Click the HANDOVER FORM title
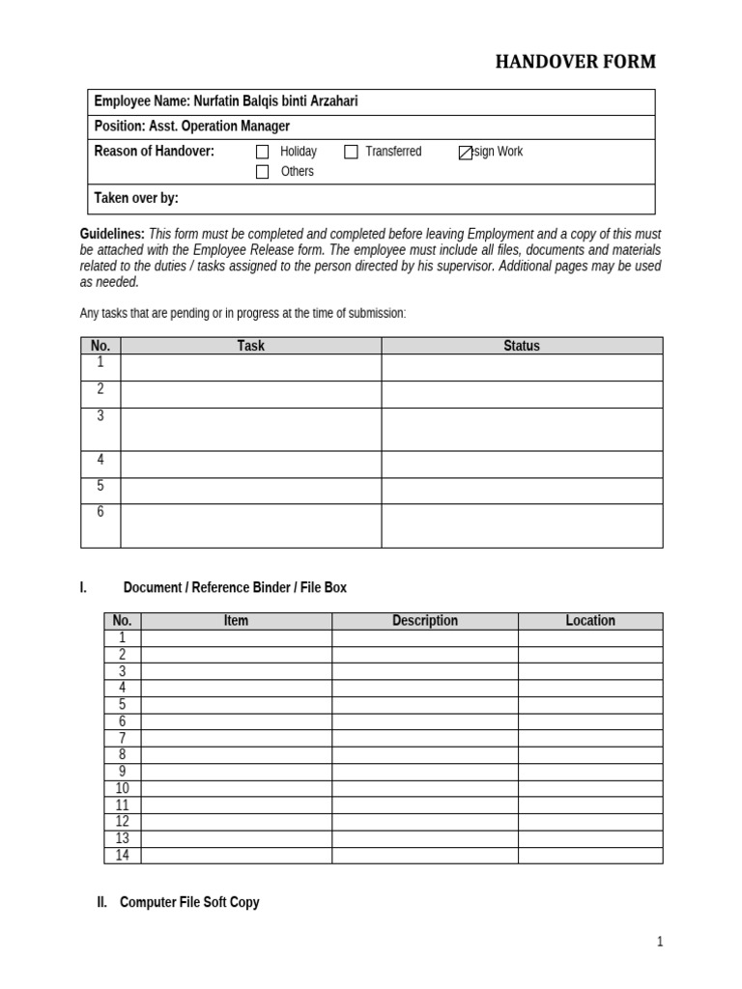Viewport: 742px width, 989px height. click(x=575, y=62)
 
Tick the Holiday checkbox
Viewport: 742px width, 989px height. click(x=262, y=152)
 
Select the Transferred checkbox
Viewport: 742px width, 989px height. click(x=351, y=152)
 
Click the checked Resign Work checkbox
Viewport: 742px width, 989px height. click(x=465, y=153)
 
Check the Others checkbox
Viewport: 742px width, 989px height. click(x=262, y=172)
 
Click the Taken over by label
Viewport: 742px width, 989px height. click(x=136, y=198)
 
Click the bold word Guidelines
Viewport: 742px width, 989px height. click(x=112, y=235)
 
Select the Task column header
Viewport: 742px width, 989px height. click(x=250, y=346)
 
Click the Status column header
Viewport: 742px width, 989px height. click(x=522, y=346)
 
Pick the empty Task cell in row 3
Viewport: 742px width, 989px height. click(x=250, y=429)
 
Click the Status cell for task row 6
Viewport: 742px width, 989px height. click(x=522, y=525)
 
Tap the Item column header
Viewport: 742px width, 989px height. click(x=236, y=621)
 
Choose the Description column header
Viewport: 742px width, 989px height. click(x=425, y=621)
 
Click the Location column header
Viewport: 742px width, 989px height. click(x=590, y=621)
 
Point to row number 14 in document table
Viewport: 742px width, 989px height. click(x=122, y=856)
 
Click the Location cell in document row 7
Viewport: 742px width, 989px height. click(x=590, y=739)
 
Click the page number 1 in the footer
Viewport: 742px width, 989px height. click(x=660, y=943)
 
